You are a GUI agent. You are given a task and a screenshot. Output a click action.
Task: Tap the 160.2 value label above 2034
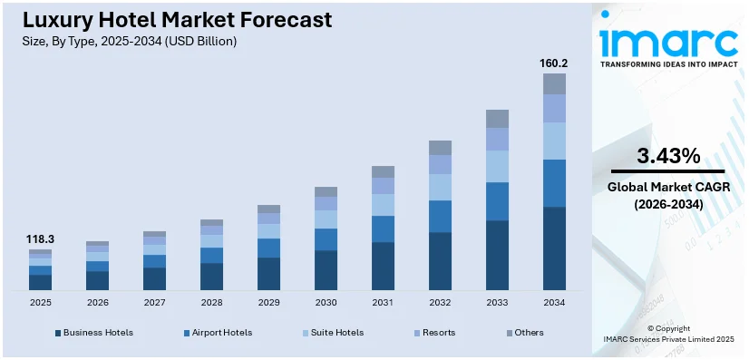click(x=554, y=63)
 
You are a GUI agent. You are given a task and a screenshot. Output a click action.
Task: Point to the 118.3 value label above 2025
click(x=40, y=239)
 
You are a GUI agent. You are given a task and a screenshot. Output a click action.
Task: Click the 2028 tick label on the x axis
click(x=211, y=302)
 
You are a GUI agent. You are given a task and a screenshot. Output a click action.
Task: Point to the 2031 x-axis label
click(x=383, y=302)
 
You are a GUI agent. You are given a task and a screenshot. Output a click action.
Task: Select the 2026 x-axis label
click(x=97, y=302)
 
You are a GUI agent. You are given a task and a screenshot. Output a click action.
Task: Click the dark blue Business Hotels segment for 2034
click(x=554, y=248)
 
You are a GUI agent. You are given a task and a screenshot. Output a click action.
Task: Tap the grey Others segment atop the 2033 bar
click(x=497, y=119)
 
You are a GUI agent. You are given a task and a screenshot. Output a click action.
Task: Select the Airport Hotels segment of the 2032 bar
click(x=440, y=216)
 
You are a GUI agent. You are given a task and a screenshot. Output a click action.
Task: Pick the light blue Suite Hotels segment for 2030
click(x=326, y=219)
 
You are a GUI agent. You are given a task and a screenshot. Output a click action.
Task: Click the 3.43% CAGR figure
click(x=667, y=156)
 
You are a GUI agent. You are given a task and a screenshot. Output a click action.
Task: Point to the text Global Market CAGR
click(x=667, y=188)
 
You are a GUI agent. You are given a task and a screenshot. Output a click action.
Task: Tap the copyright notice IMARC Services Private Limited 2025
click(x=667, y=339)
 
